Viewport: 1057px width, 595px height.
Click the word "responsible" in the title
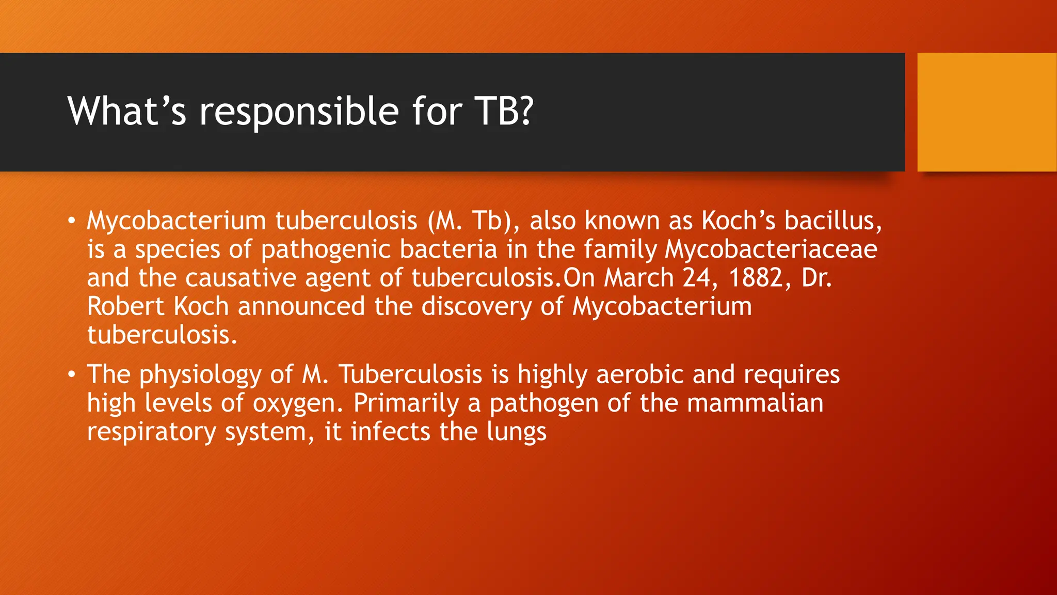pyautogui.click(x=299, y=112)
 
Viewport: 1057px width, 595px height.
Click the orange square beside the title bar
pyautogui.click(x=987, y=112)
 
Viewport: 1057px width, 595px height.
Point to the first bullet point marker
pyautogui.click(x=72, y=221)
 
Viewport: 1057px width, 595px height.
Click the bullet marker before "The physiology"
pyautogui.click(x=72, y=374)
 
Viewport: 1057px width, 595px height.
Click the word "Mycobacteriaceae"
pyautogui.click(x=771, y=249)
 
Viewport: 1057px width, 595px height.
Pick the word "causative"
pyautogui.click(x=241, y=278)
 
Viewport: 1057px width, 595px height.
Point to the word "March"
pyautogui.click(x=639, y=278)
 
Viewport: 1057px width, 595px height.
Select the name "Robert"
pyautogui.click(x=125, y=306)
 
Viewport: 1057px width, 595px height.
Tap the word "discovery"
pyautogui.click(x=476, y=307)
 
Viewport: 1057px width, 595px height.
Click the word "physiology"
pyautogui.click(x=200, y=375)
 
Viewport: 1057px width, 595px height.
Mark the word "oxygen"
pyautogui.click(x=298, y=404)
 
